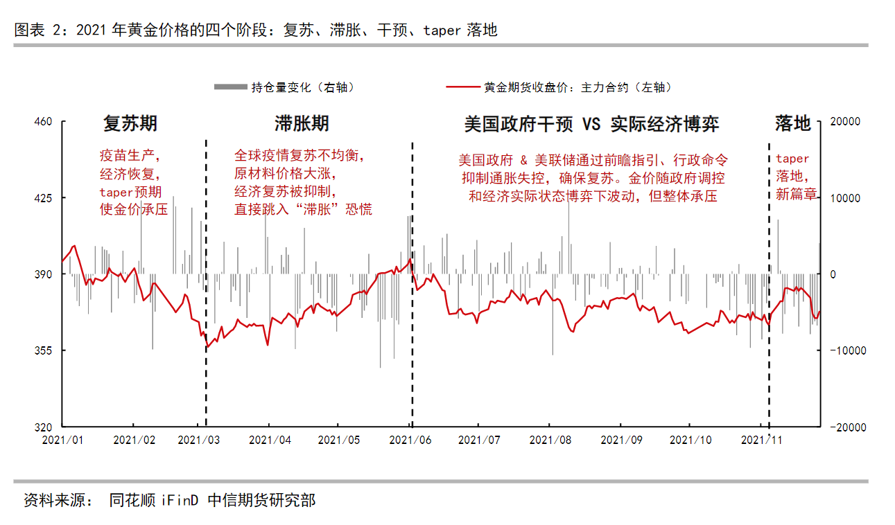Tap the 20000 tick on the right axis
point(846,121)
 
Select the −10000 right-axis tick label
point(846,350)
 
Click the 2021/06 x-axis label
point(410,440)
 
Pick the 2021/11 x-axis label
point(762,440)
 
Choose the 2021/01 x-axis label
point(62,440)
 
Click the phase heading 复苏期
point(130,124)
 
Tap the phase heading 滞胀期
point(302,124)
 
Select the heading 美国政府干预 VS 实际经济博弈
point(591,124)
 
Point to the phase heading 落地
point(792,124)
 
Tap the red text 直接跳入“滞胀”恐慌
point(303,209)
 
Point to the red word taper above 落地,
point(792,159)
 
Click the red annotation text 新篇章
point(796,195)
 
